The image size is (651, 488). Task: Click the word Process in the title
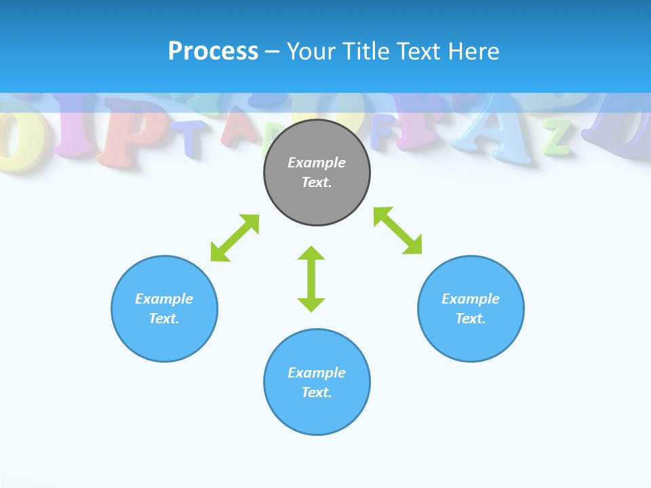pos(213,52)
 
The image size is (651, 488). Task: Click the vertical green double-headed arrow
pos(311,279)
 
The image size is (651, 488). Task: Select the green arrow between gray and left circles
pos(235,238)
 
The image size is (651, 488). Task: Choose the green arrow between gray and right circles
pos(397,230)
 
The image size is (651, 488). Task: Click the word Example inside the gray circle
pos(317,163)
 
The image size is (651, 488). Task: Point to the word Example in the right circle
pos(471,299)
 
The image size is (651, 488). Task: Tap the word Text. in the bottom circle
pos(317,392)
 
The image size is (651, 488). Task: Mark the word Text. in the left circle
pos(164,319)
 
